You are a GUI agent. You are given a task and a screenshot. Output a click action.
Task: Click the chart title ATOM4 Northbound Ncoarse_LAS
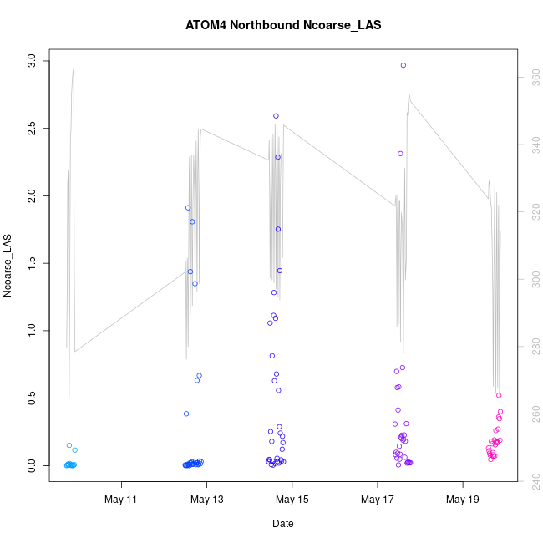point(283,25)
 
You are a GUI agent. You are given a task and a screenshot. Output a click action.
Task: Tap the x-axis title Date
point(283,524)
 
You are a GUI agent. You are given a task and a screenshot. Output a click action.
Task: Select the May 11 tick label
point(122,500)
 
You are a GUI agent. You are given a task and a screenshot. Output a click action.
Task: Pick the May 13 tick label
point(207,500)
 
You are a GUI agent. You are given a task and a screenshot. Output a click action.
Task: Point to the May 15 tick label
point(292,500)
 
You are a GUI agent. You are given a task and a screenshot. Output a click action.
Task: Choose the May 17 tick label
point(378,500)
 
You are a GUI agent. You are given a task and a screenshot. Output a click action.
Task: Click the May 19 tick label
point(463,500)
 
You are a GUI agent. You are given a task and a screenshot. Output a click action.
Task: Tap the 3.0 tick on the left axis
point(31,61)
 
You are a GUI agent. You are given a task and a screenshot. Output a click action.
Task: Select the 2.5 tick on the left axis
point(31,129)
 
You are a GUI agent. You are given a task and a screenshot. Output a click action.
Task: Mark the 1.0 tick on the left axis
point(31,331)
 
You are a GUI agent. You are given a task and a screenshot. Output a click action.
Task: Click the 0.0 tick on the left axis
point(31,465)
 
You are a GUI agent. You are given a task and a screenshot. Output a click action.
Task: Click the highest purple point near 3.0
point(403,65)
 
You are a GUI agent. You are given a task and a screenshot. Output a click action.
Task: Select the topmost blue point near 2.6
point(276,116)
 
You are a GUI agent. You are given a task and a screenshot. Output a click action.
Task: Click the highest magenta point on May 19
point(499,395)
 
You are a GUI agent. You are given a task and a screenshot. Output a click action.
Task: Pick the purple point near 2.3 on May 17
point(400,154)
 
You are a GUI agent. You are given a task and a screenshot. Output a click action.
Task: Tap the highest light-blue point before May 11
point(69,445)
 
